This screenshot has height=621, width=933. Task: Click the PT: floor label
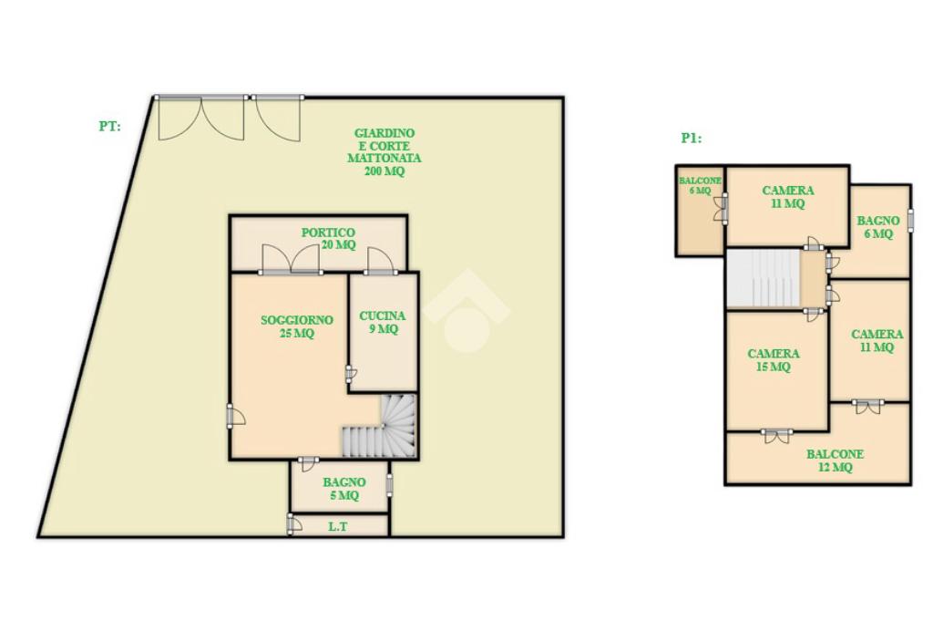coord(109,126)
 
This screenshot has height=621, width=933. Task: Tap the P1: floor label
coord(692,138)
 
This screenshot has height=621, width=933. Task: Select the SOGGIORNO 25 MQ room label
coord(297,326)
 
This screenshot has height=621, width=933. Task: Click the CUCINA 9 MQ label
coord(383,322)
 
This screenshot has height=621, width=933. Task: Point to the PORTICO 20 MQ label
coord(328,238)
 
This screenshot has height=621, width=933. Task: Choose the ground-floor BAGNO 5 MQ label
coord(343,488)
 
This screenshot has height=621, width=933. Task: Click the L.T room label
coord(337,526)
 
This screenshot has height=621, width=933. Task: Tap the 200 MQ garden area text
coord(384,171)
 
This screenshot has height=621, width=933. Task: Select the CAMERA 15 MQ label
coord(773,359)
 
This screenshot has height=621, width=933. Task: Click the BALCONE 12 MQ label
coord(835,461)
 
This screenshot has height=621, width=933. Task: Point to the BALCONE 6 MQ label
coord(701,185)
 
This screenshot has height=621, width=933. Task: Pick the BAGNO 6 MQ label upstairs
coord(878,227)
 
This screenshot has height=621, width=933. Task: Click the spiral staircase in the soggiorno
coord(379,427)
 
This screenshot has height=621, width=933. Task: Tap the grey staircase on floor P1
coord(763,279)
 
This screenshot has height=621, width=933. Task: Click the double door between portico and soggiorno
coord(291,259)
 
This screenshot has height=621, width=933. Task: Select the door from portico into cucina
coord(380,261)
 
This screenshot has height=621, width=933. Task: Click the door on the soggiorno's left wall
coord(236,416)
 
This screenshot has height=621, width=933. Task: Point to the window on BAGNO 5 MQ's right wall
coord(390,484)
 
